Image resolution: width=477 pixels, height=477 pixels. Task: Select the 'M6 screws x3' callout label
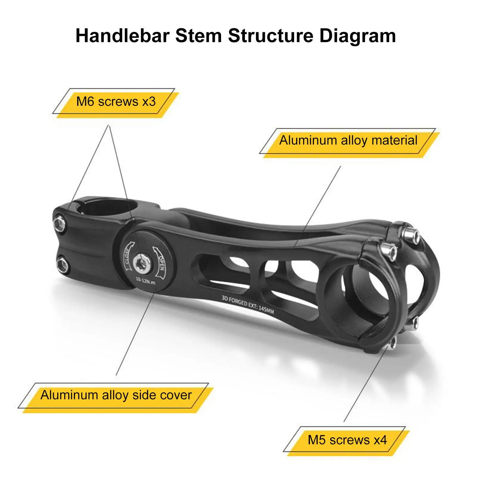pyautogui.click(x=116, y=102)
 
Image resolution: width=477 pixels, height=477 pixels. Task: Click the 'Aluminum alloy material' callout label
pyautogui.click(x=348, y=140)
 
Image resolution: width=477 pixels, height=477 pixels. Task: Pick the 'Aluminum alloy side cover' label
pyautogui.click(x=116, y=395)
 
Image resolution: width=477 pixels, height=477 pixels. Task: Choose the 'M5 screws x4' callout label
pyautogui.click(x=347, y=440)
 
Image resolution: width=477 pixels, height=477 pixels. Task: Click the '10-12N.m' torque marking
pyautogui.click(x=145, y=281)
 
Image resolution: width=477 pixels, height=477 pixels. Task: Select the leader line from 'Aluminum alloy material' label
pyautogui.click(x=318, y=206)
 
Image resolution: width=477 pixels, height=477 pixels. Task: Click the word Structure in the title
pyautogui.click(x=271, y=36)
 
